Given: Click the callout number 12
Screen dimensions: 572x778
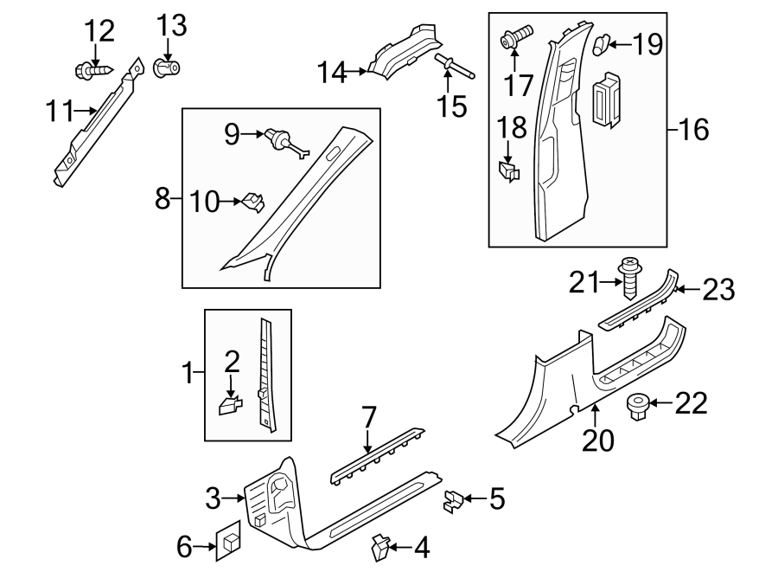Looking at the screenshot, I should point(99,32).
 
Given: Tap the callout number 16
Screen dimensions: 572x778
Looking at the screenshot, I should point(694,131).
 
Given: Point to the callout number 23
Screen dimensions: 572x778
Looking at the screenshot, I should point(718,290).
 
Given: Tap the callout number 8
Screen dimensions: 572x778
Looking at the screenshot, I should point(162,200).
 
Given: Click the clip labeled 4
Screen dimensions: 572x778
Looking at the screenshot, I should point(379,547).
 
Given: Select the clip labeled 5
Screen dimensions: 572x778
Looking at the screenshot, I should point(453,499).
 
